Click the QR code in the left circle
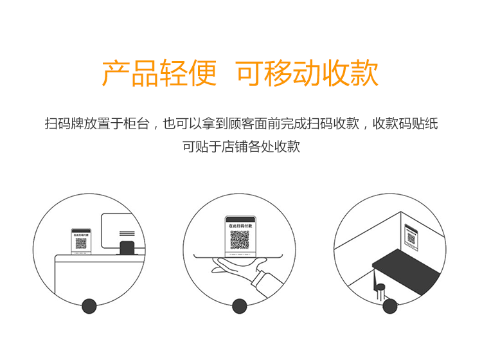coord(81,244)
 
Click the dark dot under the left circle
coord(89,306)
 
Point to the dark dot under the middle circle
coord(240,306)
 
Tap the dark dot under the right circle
coord(389,306)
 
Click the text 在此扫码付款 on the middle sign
coord(239,226)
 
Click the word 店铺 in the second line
coord(233,147)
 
